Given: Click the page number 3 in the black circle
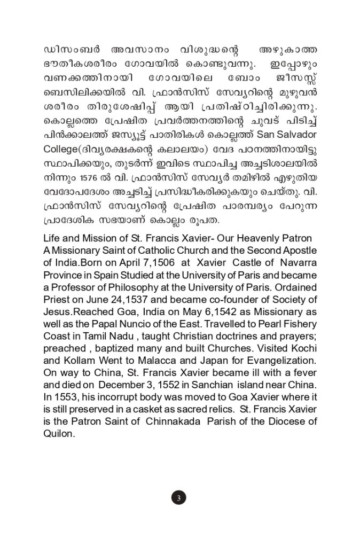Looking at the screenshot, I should [179, 498].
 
